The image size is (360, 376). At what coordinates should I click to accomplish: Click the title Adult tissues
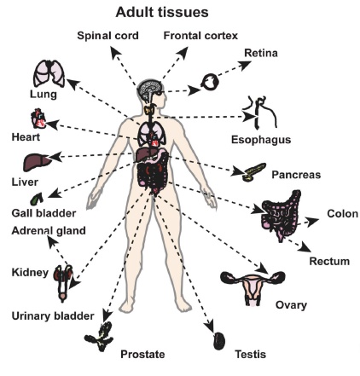click(162, 13)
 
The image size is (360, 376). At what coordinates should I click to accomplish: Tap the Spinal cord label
click(107, 36)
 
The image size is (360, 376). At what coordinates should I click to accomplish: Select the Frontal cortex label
click(200, 36)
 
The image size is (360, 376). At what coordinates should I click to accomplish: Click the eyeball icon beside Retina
click(210, 82)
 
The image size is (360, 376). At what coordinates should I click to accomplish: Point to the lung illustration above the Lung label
click(49, 73)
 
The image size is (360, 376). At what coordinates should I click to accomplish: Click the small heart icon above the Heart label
click(38, 119)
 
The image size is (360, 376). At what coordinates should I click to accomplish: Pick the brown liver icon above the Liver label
click(38, 162)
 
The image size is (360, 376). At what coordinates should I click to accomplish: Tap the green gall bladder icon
click(37, 199)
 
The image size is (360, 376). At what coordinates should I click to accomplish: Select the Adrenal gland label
click(49, 230)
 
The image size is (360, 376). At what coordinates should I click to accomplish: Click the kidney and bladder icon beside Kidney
click(64, 283)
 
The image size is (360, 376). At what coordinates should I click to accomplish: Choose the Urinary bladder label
click(53, 316)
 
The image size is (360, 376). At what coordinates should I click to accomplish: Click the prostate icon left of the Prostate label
click(100, 336)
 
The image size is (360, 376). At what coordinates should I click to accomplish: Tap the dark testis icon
click(219, 341)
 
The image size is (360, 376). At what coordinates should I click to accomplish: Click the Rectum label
click(329, 261)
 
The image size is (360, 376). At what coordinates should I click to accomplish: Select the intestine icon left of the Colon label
click(281, 215)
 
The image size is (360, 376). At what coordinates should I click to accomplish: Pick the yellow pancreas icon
click(253, 172)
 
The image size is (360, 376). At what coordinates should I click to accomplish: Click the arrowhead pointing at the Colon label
click(313, 221)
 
